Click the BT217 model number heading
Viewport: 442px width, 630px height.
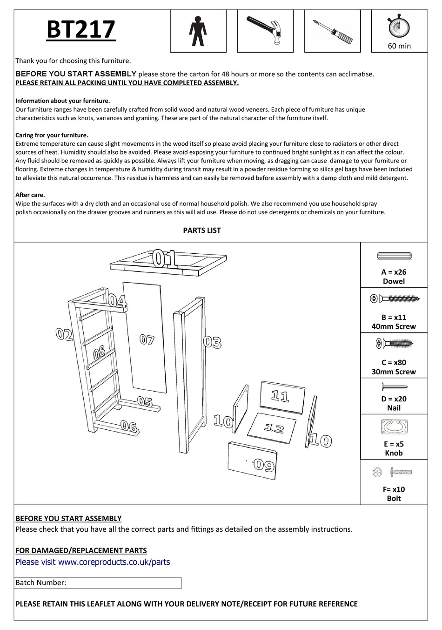81,30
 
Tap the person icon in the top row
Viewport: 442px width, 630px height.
197,31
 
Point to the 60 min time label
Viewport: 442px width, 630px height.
399,46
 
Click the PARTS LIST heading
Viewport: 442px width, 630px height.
202,230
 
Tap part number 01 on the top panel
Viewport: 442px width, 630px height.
165,259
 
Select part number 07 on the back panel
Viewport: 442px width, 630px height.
147,340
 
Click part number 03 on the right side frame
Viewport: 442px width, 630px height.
213,343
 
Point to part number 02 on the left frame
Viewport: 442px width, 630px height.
64,334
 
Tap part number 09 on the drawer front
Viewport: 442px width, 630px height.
264,465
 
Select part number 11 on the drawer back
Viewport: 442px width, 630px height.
280,396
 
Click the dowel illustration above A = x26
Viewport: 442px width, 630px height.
394,256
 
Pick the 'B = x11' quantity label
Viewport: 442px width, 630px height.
394,318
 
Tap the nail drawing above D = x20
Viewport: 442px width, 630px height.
394,386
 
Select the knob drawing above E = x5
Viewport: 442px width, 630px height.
394,427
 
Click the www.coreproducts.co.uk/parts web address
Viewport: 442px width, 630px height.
114,562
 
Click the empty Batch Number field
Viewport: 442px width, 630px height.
123,583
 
